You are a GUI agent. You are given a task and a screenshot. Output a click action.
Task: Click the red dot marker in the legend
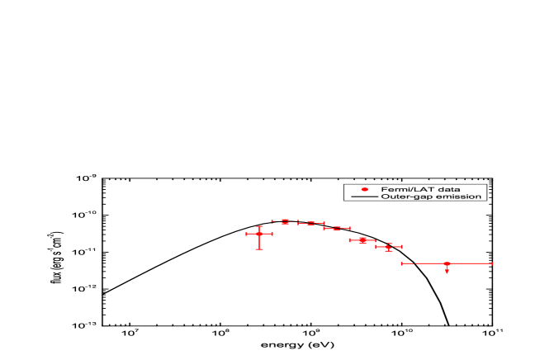click(x=364, y=190)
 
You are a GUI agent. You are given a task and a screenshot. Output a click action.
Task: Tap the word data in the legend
click(x=450, y=190)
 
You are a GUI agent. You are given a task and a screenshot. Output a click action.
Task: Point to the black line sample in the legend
click(x=364, y=197)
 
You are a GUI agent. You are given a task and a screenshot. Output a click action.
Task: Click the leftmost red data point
click(x=259, y=234)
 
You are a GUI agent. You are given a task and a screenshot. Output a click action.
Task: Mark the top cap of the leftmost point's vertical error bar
click(x=259, y=226)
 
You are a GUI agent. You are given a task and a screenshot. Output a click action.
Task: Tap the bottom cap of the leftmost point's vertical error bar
click(x=259, y=249)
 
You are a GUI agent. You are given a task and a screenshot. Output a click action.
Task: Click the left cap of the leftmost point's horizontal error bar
click(x=246, y=234)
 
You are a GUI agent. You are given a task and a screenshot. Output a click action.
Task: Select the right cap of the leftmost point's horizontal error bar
click(x=272, y=234)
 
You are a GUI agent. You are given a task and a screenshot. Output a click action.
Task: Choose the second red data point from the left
click(x=285, y=221)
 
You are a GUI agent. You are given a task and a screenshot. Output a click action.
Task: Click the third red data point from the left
click(x=311, y=223)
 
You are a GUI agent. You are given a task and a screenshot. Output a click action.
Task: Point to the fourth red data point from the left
click(x=337, y=228)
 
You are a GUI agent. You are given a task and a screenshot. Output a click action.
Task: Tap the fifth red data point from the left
click(x=362, y=240)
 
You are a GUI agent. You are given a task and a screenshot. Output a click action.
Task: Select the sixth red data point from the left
click(x=389, y=247)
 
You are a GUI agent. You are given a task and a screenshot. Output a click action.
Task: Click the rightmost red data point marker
click(x=447, y=263)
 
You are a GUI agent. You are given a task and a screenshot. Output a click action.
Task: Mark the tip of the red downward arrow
click(x=447, y=272)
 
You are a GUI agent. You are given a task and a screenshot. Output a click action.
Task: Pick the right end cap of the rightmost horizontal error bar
click(x=492, y=263)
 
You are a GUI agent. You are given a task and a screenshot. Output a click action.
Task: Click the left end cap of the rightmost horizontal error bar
click(x=402, y=263)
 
